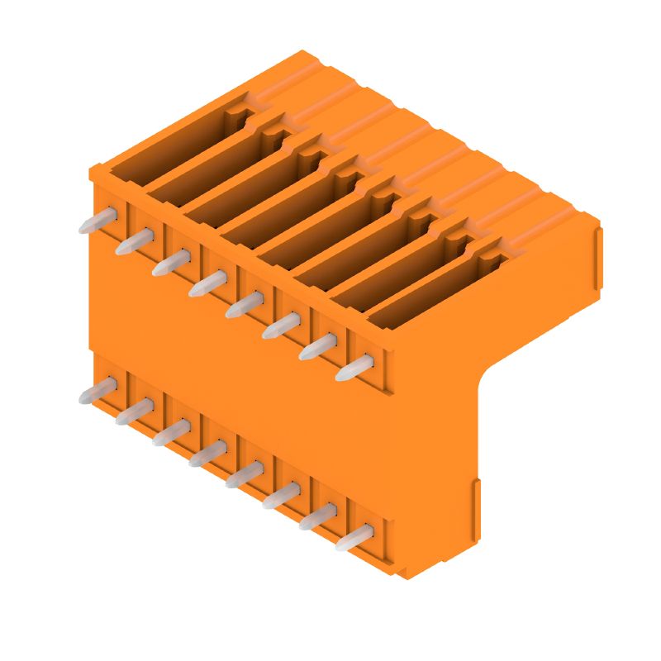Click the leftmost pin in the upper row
pyautogui.click(x=97, y=221)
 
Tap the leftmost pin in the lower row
pyautogui.click(x=97, y=392)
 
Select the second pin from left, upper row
pyautogui.click(x=135, y=243)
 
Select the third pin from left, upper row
pyautogui.click(x=171, y=264)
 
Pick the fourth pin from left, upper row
pyautogui.click(x=207, y=284)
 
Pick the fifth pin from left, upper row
pyautogui.click(x=245, y=306)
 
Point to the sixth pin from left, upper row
pyautogui.click(x=282, y=326)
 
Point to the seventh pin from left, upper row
pyautogui.click(x=318, y=347)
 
